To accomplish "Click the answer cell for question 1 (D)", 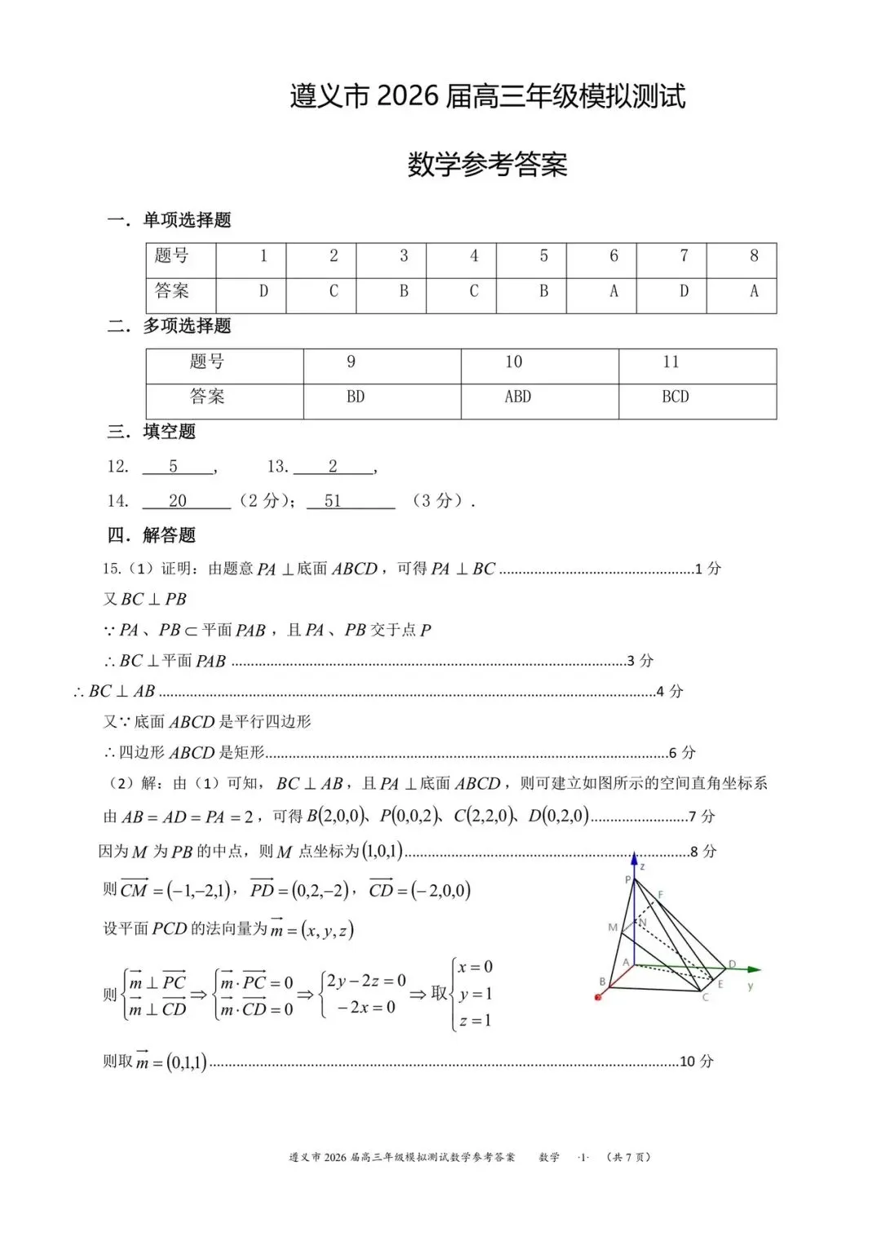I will click(263, 291).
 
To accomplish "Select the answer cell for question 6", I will click(613, 291).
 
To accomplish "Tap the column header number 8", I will click(754, 256).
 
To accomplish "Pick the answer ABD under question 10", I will click(517, 397).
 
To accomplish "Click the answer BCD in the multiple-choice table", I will click(675, 397).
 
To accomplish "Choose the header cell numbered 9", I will click(351, 362).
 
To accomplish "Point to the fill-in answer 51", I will click(333, 501).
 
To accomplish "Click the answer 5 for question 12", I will click(173, 467).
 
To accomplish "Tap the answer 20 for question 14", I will click(178, 501).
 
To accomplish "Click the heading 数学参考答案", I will click(487, 165).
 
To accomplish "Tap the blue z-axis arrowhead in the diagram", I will click(635, 857).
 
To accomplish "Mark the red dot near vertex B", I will click(598, 997).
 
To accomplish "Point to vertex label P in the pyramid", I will click(627, 879).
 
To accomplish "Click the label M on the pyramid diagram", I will click(613, 928).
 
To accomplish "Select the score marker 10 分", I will click(696, 1061).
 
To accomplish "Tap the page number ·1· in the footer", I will click(583, 1157).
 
